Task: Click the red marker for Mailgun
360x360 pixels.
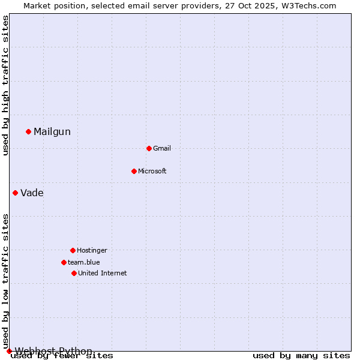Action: (x=28, y=131)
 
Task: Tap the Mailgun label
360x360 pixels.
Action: (x=52, y=132)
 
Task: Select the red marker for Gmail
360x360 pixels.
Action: (x=149, y=148)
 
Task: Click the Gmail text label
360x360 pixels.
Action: (x=162, y=148)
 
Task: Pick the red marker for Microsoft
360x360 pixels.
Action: (x=134, y=171)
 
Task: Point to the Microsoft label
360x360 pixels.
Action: (x=152, y=171)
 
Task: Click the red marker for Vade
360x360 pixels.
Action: (x=15, y=193)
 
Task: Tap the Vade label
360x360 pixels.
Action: (x=32, y=193)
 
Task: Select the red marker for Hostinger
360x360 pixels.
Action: (x=73, y=250)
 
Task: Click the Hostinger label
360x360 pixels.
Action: (x=92, y=250)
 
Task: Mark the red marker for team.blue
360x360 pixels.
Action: (x=64, y=262)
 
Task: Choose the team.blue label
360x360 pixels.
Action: (x=84, y=262)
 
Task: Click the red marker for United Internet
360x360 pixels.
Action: (x=74, y=273)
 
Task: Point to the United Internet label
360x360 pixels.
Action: (x=103, y=273)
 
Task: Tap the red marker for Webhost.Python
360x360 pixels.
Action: (x=9, y=351)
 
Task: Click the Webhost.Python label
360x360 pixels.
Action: (x=53, y=351)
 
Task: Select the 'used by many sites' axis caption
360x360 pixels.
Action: (x=301, y=356)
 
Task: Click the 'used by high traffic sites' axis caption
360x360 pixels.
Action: (x=6, y=85)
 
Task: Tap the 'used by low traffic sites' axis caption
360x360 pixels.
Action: (x=6, y=281)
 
